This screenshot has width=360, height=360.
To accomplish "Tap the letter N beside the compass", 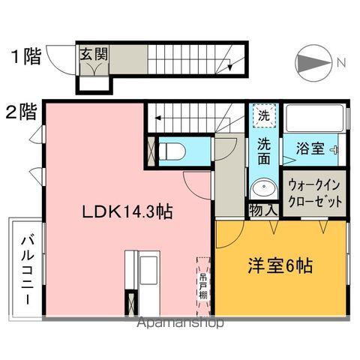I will [x=340, y=62].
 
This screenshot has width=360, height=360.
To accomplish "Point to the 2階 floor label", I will [x=21, y=114].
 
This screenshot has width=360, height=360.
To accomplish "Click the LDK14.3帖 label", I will [x=127, y=212].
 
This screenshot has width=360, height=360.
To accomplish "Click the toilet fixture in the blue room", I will [x=172, y=149].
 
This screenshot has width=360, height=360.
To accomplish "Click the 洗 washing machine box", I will [x=264, y=116].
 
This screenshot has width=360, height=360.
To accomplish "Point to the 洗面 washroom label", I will [x=264, y=150].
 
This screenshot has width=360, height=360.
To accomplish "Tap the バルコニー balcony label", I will [x=25, y=268].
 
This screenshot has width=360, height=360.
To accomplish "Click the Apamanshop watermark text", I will [x=179, y=324].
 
